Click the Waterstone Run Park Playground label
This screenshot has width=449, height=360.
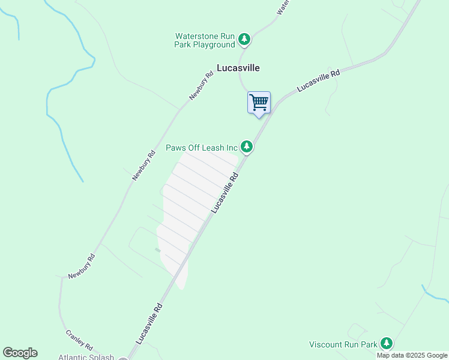(x=204, y=40)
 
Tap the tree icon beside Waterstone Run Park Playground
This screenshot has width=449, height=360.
(x=244, y=40)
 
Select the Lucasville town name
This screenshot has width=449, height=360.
(x=238, y=68)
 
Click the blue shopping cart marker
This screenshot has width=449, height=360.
(x=259, y=102)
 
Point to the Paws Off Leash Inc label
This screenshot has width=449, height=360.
(x=202, y=147)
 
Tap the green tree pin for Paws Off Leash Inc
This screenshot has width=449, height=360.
(x=247, y=146)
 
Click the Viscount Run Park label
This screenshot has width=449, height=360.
(x=343, y=344)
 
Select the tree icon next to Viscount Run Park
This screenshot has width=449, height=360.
(x=387, y=344)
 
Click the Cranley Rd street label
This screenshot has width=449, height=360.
(x=79, y=340)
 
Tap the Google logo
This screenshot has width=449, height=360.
(x=20, y=353)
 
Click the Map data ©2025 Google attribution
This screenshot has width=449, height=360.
(x=412, y=355)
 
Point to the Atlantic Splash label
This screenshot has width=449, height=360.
(x=86, y=357)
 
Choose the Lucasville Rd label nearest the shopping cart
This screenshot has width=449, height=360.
(x=318, y=80)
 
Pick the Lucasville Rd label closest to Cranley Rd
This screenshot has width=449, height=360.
(x=149, y=323)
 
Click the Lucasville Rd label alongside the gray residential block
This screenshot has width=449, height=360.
(x=225, y=193)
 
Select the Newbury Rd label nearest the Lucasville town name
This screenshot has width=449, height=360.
(x=201, y=86)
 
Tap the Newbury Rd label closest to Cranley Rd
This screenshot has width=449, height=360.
(x=82, y=266)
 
